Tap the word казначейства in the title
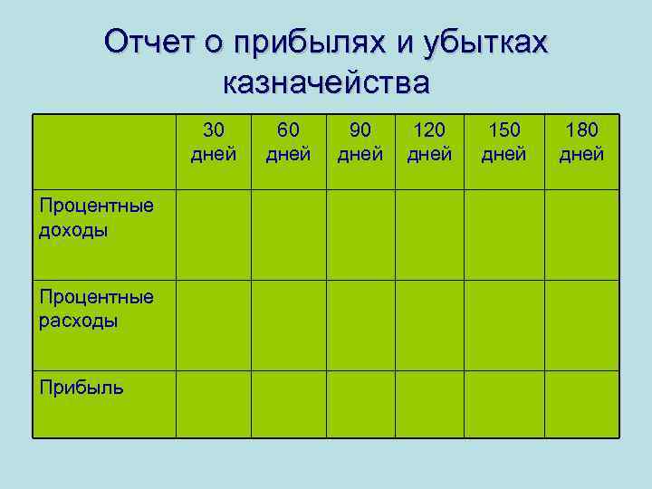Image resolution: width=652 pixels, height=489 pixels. coord(326,83)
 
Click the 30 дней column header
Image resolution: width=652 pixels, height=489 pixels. coord(214,142)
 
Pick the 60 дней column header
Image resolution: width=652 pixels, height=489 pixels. coord(288,142)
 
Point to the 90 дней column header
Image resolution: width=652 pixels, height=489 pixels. coord(360,142)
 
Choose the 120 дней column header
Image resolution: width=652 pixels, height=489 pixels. coord(429,142)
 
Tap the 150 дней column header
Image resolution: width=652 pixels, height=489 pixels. coord(503,142)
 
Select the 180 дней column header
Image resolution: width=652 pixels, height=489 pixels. coord(580,142)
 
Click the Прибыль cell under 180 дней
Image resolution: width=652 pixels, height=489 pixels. coord(580,404)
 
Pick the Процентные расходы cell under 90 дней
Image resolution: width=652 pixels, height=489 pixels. coord(360,324)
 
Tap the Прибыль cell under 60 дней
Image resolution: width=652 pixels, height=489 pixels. coord(288,404)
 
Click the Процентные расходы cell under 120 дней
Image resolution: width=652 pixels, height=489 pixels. coord(429,324)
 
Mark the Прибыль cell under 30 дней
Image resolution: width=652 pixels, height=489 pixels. coord(214,404)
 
